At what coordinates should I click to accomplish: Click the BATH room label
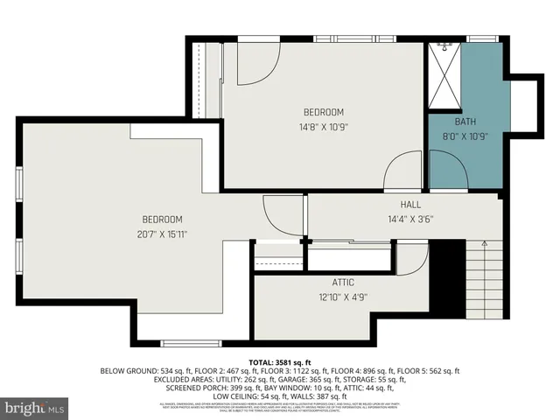coord(465,121)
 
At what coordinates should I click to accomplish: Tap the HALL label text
coord(411,205)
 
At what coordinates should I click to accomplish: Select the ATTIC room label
coord(342,283)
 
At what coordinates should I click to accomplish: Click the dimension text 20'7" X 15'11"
coord(163,234)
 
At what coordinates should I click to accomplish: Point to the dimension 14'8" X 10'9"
coord(323,127)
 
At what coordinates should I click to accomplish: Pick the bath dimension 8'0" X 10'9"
coord(465,136)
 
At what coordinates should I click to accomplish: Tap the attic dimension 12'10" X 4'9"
coord(342,297)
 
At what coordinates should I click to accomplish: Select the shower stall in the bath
coord(444,74)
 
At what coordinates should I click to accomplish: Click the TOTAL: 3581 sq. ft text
coord(279,361)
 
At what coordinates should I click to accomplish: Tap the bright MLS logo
coord(35,408)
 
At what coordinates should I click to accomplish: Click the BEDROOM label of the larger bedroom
coord(163,219)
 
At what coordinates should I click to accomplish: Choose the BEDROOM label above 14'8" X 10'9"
coord(323,112)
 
